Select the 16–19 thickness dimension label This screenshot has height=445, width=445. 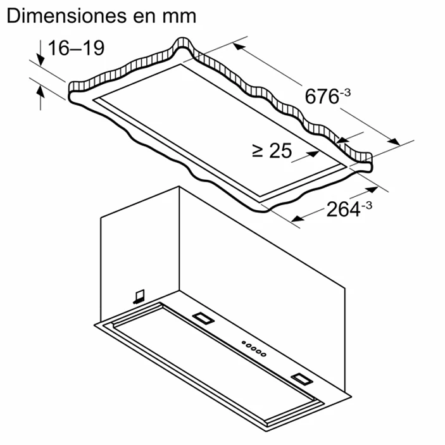point(76,47)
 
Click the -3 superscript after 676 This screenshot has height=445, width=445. point(346,92)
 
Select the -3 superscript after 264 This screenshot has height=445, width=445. point(367,204)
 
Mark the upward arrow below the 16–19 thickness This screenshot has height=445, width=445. point(40,95)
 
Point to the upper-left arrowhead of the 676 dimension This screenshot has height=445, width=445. point(238,46)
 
